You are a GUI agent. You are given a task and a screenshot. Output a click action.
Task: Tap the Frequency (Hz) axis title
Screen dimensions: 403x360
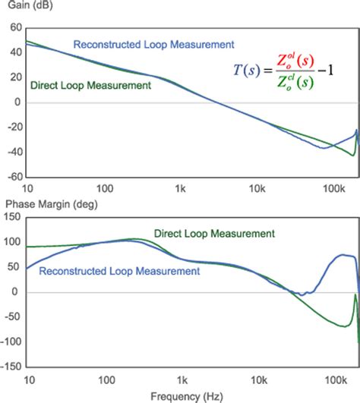(x=180, y=395)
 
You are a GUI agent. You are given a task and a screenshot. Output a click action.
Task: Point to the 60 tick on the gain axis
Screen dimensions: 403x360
(x=14, y=27)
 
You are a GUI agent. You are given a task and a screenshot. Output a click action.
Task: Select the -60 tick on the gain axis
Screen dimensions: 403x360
(x=13, y=176)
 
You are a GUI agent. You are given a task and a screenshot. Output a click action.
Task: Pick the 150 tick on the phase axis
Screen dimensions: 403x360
(x=12, y=217)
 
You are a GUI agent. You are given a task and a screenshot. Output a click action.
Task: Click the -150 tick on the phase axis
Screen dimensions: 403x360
(x=11, y=367)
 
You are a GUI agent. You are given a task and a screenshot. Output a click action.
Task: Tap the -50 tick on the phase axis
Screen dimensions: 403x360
(x=12, y=317)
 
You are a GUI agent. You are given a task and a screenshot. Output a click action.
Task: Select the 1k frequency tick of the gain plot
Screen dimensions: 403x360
(x=180, y=187)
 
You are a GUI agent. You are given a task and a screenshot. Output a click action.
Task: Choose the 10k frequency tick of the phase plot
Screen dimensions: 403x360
(x=256, y=378)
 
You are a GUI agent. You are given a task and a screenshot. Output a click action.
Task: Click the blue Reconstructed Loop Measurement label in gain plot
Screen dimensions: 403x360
(x=153, y=44)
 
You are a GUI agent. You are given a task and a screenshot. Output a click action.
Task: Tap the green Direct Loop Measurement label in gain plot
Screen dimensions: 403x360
(x=90, y=86)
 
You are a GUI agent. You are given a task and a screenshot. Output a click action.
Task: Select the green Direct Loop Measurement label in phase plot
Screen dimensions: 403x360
(x=214, y=235)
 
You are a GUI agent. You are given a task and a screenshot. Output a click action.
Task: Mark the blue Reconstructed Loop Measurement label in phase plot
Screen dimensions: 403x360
(x=119, y=269)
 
